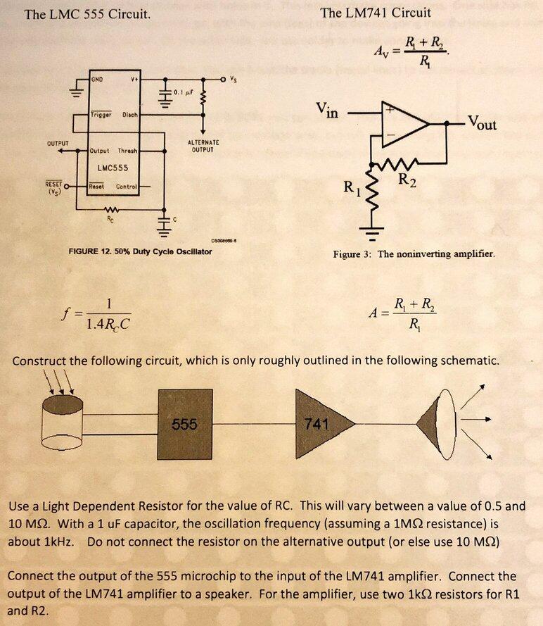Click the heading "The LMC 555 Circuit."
87,13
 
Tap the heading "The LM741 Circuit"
375,12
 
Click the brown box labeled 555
185,424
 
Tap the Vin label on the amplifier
326,110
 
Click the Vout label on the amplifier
481,124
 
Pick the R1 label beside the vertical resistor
350,189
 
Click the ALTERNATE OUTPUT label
203,146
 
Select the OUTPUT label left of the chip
57,143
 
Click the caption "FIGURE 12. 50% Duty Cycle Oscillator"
140,251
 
